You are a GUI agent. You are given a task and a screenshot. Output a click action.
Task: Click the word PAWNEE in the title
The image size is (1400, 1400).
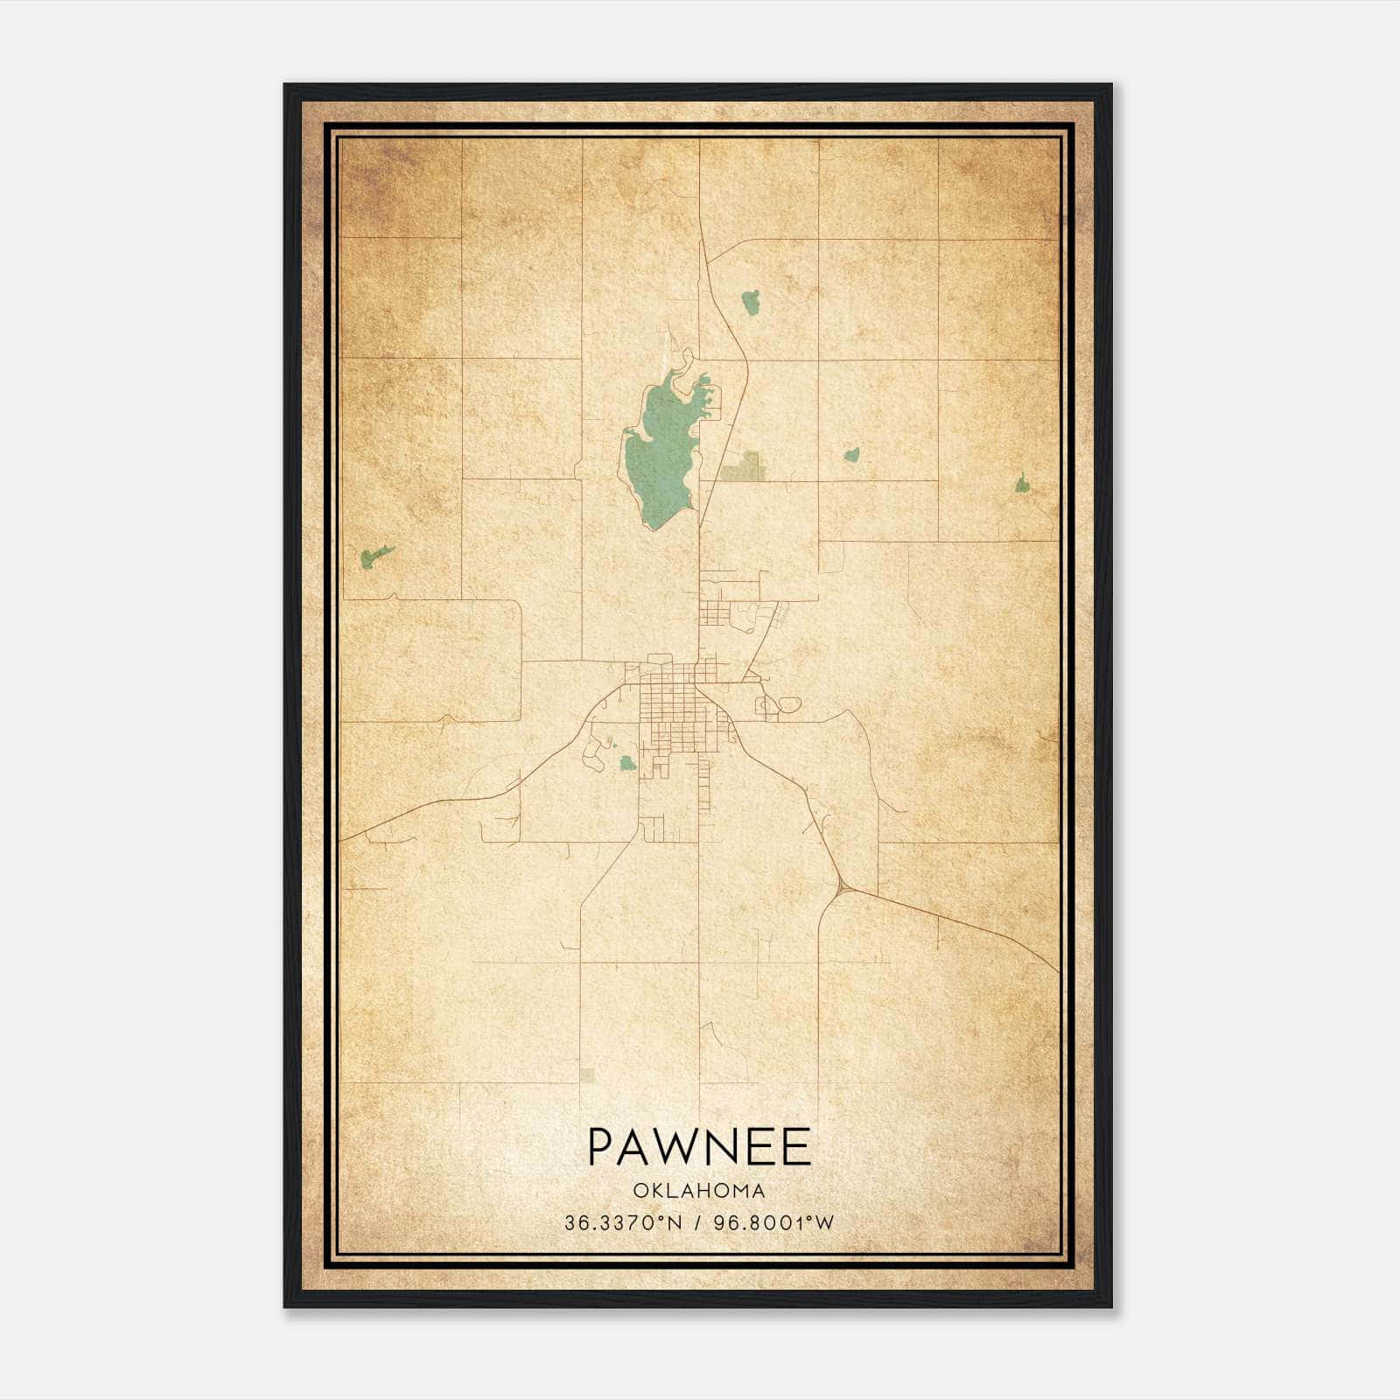[x=698, y=1147]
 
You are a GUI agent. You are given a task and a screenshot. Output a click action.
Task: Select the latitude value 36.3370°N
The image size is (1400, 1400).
[x=622, y=1222]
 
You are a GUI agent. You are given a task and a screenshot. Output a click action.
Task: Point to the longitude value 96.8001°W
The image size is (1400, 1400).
[x=774, y=1222]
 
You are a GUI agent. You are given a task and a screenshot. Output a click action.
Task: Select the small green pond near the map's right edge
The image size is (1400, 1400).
[x=1021, y=483]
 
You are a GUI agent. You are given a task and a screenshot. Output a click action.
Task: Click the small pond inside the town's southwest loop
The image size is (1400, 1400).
[x=626, y=763]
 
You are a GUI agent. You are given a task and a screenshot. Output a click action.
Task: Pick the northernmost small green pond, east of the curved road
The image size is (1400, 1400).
[x=750, y=303]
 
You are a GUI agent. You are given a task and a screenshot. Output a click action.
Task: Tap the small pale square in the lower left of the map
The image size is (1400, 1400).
[x=586, y=1074]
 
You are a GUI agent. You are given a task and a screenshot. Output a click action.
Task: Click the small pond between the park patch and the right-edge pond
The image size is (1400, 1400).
[x=850, y=455]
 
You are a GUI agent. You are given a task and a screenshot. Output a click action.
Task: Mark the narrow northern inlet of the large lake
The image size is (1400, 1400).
[x=685, y=359]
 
